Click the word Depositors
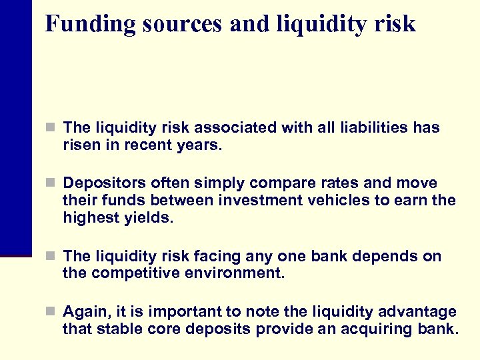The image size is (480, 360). click(x=103, y=183)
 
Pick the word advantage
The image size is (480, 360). click(x=419, y=312)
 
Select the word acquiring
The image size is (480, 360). click(x=374, y=329)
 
